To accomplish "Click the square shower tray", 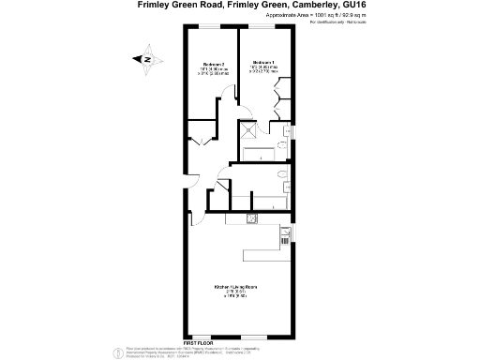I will pos(251,133).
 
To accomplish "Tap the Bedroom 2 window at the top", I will pos(212,29).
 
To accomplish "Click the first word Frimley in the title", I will pos(157,6).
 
